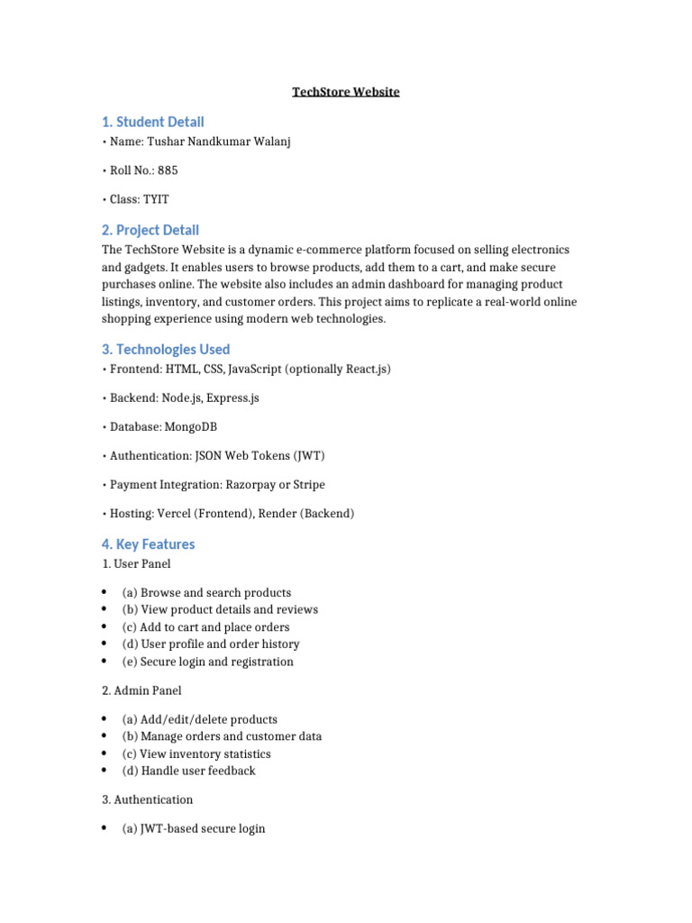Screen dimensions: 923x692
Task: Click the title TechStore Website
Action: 346,92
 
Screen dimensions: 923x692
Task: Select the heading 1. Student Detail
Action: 152,122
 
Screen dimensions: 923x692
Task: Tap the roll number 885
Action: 168,170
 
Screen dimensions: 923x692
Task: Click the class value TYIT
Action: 156,199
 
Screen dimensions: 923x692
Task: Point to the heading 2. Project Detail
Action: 150,230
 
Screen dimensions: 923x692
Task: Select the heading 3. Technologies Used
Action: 166,349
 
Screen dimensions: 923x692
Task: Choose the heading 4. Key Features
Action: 149,544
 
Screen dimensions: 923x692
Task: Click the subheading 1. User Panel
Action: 136,563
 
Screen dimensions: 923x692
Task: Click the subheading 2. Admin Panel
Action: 141,690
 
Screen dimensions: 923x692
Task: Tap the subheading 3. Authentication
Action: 147,800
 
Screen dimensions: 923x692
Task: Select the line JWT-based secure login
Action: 193,828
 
